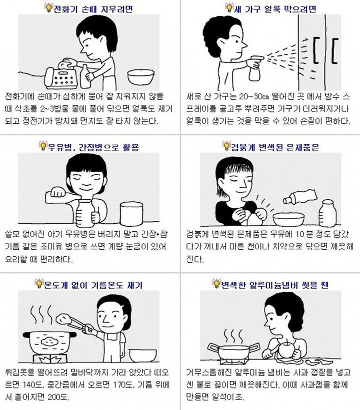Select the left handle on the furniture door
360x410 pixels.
point(316,50)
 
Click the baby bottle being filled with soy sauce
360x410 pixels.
point(84,213)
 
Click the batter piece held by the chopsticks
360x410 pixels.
point(63,319)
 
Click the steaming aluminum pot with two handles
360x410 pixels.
point(233,351)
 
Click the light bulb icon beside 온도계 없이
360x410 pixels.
point(39,283)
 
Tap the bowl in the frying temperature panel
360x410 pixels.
point(143,356)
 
